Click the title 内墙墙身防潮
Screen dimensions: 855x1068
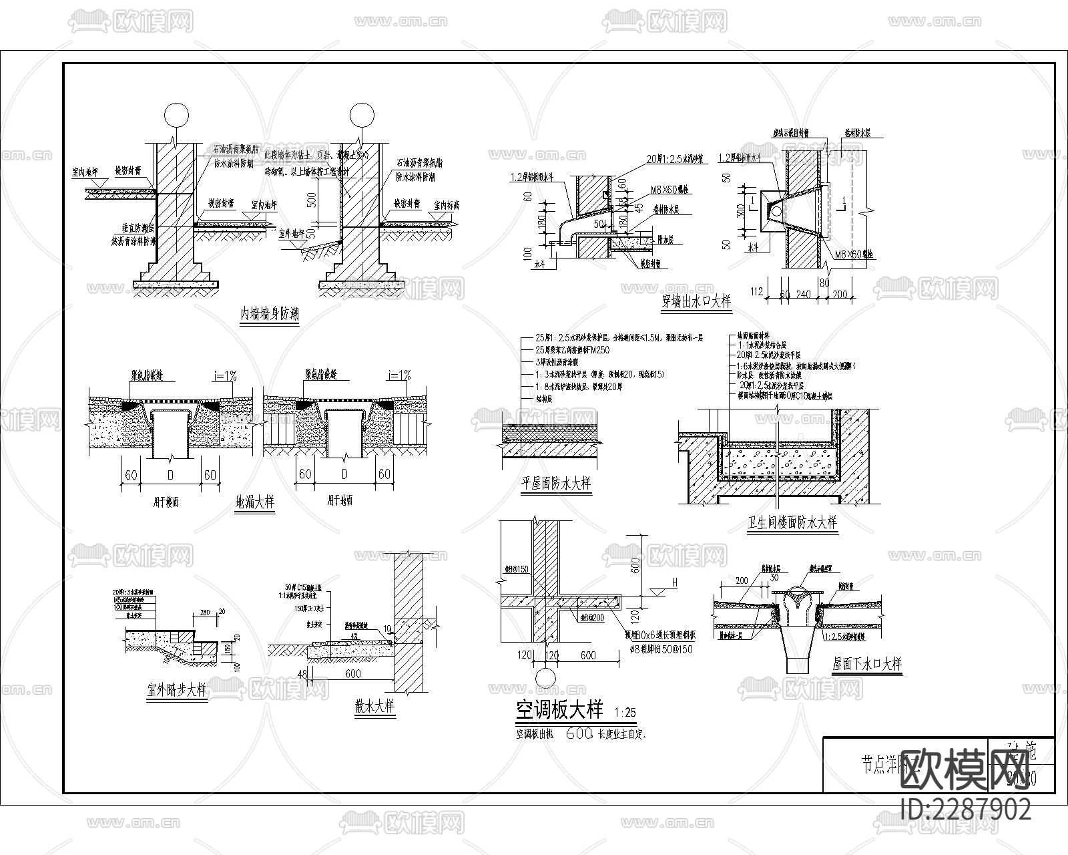(270, 315)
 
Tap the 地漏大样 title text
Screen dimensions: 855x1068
(255, 502)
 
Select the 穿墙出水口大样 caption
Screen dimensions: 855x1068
(696, 301)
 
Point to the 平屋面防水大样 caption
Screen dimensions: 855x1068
(555, 483)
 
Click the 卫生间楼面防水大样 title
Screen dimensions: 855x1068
(792, 522)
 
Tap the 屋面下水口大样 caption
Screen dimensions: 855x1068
(867, 664)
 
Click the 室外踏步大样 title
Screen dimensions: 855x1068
(176, 690)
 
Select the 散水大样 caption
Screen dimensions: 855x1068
(375, 706)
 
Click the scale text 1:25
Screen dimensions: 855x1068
(625, 711)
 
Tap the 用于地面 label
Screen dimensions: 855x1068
(340, 500)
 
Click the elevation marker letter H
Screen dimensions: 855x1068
(674, 582)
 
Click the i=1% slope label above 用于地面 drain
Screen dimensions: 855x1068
(399, 375)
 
